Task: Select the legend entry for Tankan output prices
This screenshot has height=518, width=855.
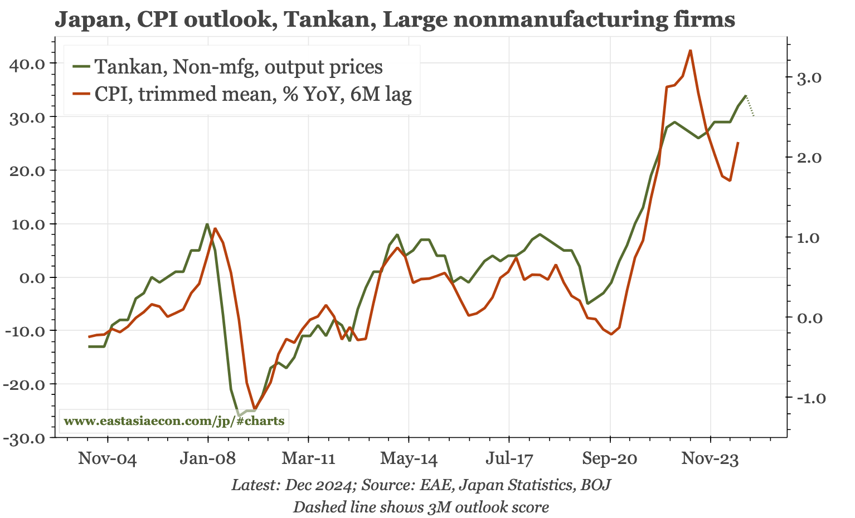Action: point(238,67)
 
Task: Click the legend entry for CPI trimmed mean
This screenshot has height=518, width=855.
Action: point(252,94)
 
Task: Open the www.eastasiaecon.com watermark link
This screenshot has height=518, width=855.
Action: point(174,421)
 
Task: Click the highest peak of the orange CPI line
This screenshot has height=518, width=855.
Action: point(691,51)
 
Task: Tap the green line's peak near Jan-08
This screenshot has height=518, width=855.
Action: point(207,224)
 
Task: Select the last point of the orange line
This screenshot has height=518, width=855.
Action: point(738,143)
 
